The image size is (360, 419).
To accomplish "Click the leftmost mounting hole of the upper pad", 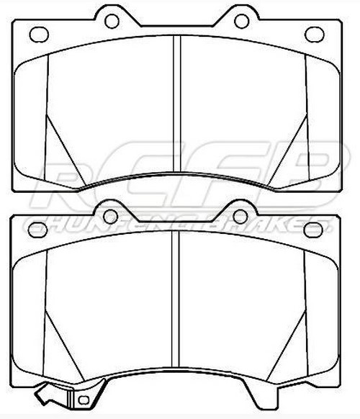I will [x=40, y=34].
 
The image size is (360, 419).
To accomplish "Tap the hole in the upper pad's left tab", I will [x=112, y=21].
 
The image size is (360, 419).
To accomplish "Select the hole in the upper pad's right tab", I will [x=241, y=21].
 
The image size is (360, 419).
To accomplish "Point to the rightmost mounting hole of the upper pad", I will [x=314, y=34].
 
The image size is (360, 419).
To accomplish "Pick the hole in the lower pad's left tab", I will [x=111, y=216].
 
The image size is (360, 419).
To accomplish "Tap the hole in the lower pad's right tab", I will [x=240, y=216].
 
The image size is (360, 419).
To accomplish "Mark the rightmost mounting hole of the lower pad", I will [x=314, y=230].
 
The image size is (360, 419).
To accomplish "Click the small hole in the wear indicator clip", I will [x=84, y=398].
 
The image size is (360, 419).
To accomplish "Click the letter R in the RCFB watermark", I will [x=72, y=176].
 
